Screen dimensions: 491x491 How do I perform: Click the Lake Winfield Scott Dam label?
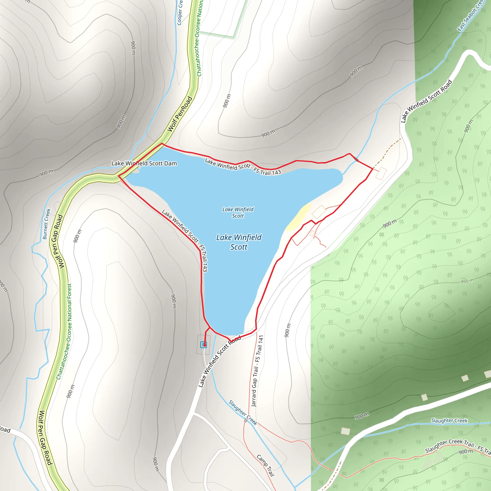click(x=144, y=164)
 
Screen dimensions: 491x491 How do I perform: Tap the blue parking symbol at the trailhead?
click(x=203, y=345)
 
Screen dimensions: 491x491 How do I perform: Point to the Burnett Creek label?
click(x=47, y=224)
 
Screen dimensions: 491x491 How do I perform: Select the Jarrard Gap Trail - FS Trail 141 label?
click(x=257, y=371)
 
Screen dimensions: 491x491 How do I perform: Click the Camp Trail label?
click(x=265, y=465)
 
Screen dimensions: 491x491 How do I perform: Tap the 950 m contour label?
click(x=467, y=281)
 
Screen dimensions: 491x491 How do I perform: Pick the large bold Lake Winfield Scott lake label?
click(x=239, y=242)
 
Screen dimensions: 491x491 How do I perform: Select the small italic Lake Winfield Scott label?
click(x=238, y=212)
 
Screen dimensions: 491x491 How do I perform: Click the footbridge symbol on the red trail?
click(x=356, y=159)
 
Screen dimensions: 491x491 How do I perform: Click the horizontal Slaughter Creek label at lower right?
click(x=449, y=421)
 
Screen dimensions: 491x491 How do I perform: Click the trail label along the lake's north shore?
click(x=243, y=167)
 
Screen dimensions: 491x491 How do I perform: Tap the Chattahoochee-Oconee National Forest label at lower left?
click(x=64, y=331)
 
